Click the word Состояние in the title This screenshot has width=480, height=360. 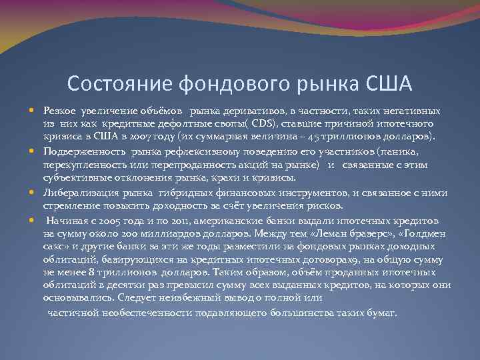coord(119,84)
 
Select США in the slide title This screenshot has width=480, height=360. coord(389,84)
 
